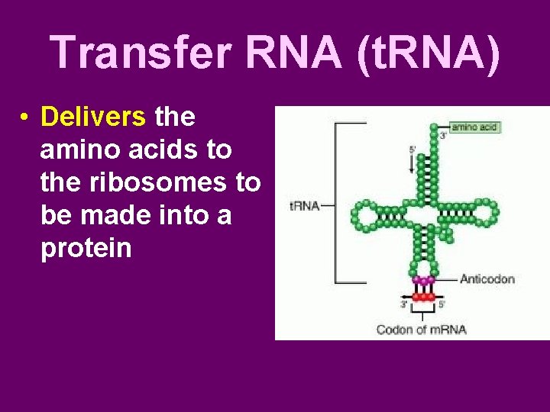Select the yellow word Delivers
[x=93, y=117]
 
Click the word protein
[x=86, y=248]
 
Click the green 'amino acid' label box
[x=474, y=127]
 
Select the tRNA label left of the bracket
[x=304, y=205]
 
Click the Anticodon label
[x=487, y=279]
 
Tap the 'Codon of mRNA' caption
[x=421, y=330]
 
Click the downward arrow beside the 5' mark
[x=412, y=163]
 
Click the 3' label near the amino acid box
[x=443, y=136]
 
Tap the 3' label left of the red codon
[x=404, y=305]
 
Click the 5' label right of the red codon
[x=442, y=305]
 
